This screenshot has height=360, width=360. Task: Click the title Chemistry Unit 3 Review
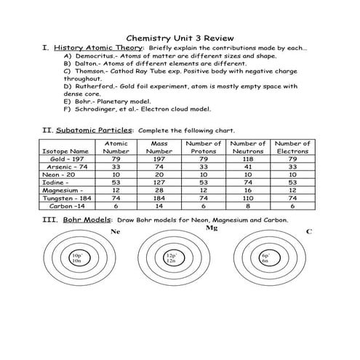coord(179,34)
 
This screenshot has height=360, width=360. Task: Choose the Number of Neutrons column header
coord(247,148)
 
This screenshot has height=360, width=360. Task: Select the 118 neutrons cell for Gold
coord(247,159)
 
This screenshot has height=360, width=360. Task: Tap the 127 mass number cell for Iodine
coord(159,182)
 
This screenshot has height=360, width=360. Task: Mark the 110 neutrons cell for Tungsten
coord(247,197)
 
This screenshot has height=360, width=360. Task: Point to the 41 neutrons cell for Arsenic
coord(247,167)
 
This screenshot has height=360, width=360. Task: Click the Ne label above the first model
coord(114,231)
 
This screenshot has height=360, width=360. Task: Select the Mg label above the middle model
coord(212,228)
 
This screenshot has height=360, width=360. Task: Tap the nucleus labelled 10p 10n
coord(76,259)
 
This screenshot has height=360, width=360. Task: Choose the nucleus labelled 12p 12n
coord(171,259)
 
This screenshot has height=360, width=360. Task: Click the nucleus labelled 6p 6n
coord(265,259)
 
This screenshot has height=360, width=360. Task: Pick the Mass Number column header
coord(159,148)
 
